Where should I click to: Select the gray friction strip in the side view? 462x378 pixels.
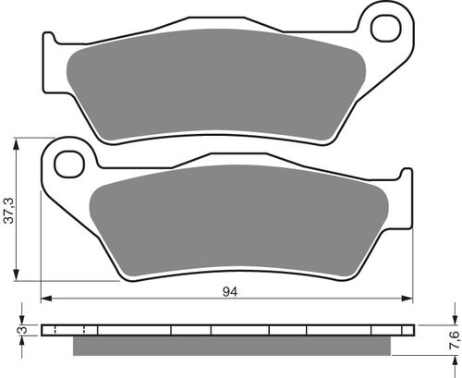coord(240,346)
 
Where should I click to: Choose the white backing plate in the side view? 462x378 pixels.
coord(231,330)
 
